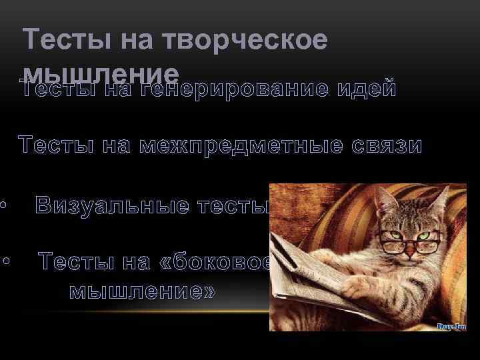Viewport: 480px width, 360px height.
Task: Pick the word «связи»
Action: pyautogui.click(x=387, y=145)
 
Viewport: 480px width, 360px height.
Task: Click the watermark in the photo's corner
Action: pyautogui.click(x=451, y=326)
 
